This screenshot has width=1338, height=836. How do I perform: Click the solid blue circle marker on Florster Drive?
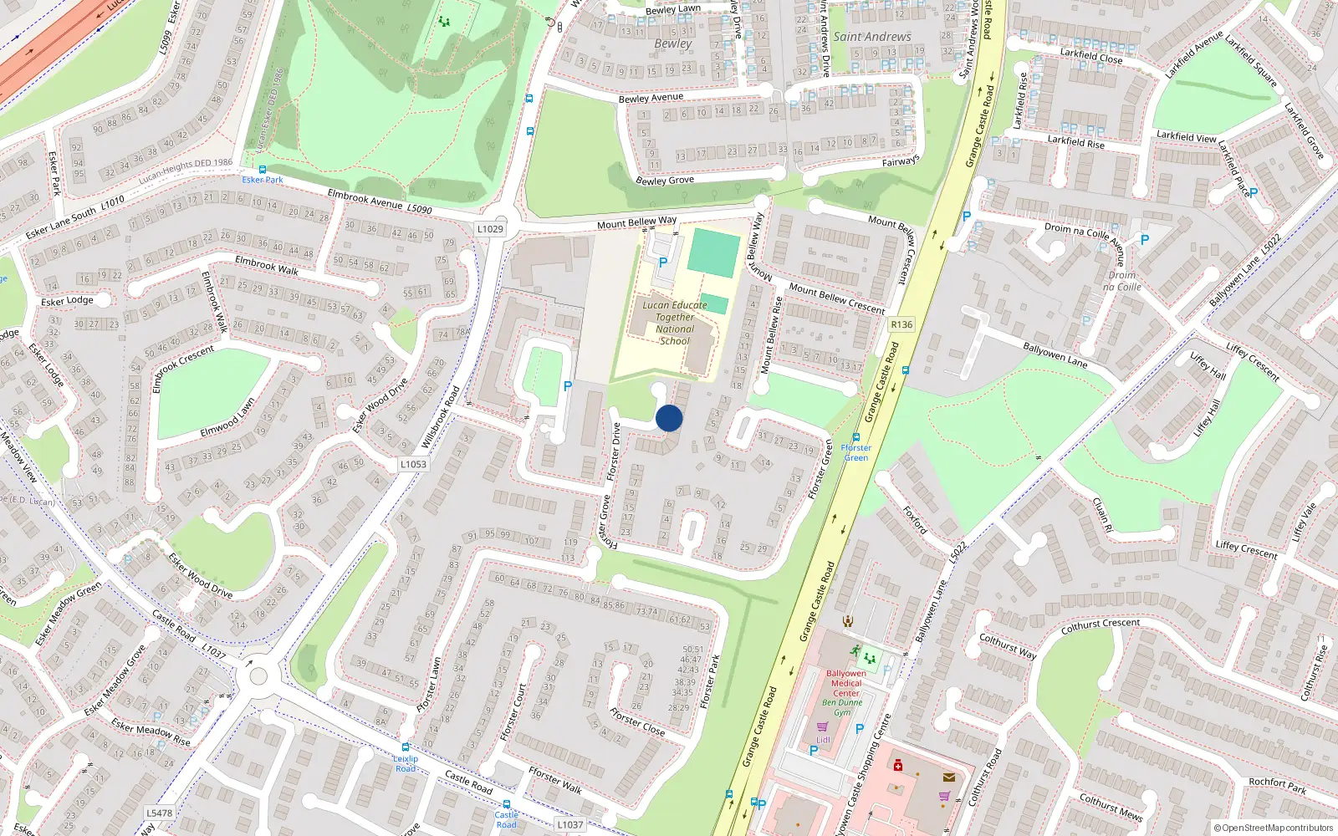pos(669,418)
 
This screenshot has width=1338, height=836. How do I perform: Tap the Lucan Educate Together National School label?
pos(675,323)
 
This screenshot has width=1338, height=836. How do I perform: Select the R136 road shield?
pos(901,324)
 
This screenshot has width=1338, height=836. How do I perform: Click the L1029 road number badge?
pos(490,229)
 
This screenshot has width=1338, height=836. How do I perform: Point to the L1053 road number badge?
pos(413,464)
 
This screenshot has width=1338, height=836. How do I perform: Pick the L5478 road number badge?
pos(159,813)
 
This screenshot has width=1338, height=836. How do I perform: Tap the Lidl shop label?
pos(823,740)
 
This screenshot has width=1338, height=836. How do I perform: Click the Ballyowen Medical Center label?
pos(845,683)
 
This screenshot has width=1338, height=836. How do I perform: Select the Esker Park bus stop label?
pos(263,180)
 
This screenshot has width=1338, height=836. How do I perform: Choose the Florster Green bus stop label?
pos(855,452)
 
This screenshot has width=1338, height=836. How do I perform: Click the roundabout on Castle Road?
pos(258,675)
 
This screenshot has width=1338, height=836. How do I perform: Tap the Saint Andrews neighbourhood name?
pos(872,37)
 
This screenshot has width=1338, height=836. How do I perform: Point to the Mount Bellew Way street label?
pos(636,222)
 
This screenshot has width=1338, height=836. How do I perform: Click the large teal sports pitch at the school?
pos(713,253)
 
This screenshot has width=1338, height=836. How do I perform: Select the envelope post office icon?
pos(948,777)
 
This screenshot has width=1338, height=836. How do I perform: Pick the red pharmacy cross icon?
pos(898,765)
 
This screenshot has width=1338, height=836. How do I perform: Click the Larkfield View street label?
pos(1186,136)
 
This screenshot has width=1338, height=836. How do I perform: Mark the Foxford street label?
pos(915,519)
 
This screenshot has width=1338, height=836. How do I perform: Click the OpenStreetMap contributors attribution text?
pos(1274,828)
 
